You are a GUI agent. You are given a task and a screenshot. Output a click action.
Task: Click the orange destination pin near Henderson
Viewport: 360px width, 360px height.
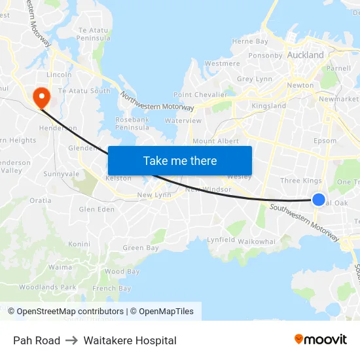41,98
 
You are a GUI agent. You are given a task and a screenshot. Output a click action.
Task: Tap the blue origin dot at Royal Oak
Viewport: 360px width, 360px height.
319,200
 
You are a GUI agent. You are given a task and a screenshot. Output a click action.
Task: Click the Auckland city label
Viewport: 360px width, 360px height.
306,55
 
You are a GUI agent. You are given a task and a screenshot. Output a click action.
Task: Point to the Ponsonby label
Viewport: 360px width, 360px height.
265,56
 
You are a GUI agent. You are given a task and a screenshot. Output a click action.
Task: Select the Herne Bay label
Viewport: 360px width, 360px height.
250,41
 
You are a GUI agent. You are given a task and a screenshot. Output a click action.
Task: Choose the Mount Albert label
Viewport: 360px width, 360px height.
215,141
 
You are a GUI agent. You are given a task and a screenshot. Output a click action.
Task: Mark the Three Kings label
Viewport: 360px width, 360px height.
300,181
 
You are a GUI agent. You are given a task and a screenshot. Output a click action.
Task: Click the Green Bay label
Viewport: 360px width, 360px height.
141,248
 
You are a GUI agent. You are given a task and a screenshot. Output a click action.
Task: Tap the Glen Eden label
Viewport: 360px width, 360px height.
96,209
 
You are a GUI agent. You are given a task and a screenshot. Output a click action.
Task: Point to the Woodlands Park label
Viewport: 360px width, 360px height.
47,287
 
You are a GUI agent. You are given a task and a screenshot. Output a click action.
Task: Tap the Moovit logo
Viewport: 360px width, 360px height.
321,340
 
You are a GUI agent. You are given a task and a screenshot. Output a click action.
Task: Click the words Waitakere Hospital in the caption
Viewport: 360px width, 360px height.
130,340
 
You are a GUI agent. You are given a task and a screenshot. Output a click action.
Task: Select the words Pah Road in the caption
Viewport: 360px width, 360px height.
37,340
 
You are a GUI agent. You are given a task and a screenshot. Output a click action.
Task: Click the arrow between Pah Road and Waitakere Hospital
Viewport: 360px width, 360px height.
72,340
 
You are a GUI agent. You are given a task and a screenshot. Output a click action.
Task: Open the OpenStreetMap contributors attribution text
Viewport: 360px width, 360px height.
70,312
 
